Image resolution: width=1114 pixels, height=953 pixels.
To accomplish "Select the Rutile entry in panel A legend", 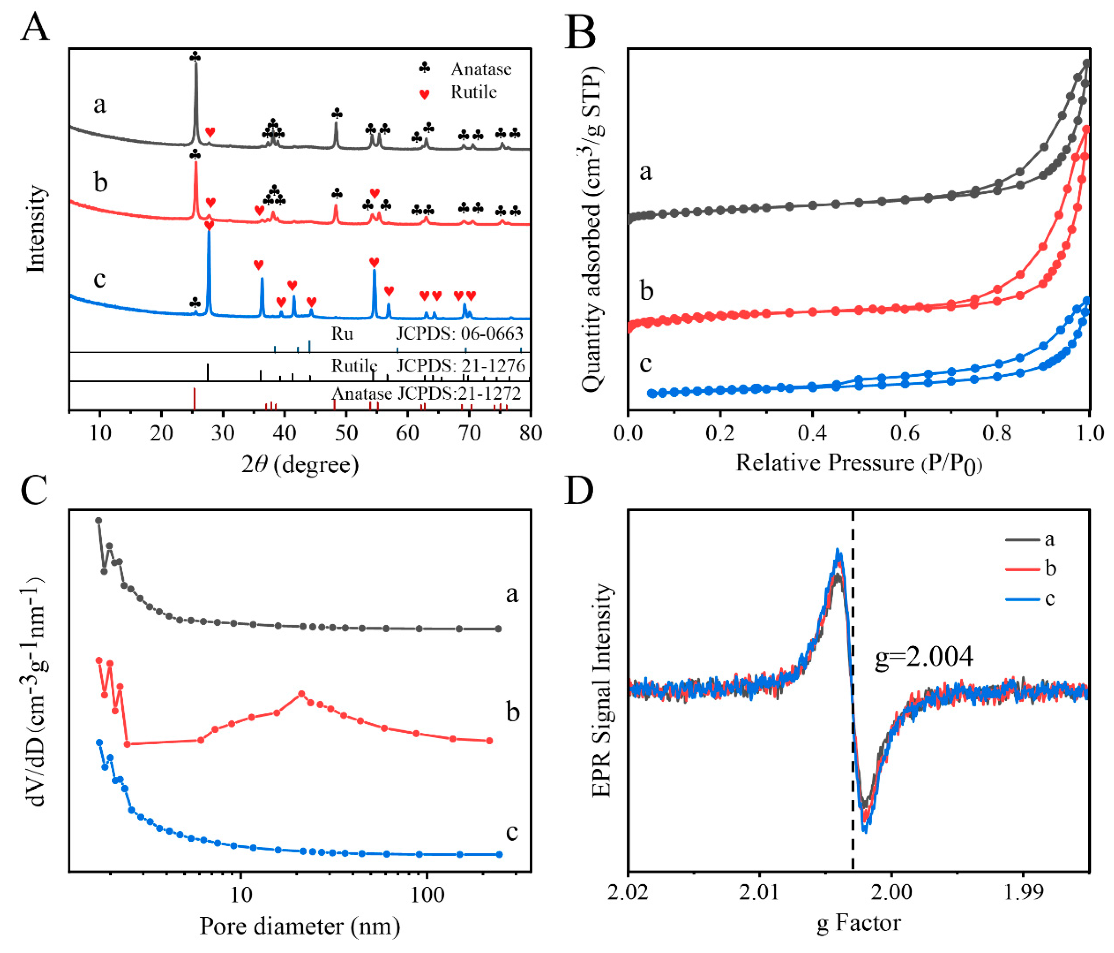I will click(473, 93).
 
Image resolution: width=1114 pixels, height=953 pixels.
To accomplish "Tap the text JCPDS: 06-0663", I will click(459, 334).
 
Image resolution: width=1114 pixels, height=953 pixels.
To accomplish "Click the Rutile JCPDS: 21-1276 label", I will click(428, 366).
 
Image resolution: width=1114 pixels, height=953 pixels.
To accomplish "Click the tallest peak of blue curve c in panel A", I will click(209, 232).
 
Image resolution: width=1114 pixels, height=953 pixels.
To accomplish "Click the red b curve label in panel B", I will click(646, 291).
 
